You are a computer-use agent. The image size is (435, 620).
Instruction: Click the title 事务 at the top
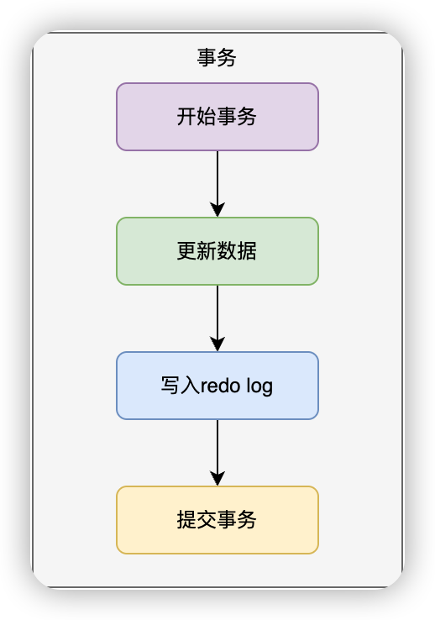tap(217, 58)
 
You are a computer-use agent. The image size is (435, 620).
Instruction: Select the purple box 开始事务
tap(217, 117)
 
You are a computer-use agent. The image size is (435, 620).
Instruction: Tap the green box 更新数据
tap(217, 251)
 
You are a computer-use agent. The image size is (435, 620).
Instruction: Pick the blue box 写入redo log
tap(217, 386)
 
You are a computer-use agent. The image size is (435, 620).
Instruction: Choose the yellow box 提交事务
tap(217, 520)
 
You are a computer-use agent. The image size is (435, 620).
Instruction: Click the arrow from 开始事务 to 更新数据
tap(217, 184)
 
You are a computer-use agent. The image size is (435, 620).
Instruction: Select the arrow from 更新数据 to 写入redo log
tap(217, 318)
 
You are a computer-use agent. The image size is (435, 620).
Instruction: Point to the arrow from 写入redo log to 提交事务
tap(217, 453)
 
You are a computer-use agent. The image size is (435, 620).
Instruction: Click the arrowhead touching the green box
tap(217, 209)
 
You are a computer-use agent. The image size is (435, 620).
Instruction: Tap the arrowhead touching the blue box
tap(217, 344)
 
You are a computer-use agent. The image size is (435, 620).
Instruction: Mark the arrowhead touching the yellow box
tap(217, 479)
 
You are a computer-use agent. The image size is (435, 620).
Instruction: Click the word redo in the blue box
tap(221, 386)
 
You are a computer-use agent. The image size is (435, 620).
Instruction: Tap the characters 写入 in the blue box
tap(181, 386)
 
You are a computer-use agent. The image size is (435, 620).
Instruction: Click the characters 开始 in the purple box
tap(197, 117)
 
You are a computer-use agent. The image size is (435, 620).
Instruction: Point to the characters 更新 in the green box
tap(197, 251)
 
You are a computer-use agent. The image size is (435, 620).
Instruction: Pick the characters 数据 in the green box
tap(237, 251)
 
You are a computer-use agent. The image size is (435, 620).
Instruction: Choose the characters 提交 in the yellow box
tap(197, 520)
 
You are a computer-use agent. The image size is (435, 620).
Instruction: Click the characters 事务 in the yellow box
tap(237, 520)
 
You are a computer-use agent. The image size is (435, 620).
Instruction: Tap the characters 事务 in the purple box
tap(237, 117)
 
